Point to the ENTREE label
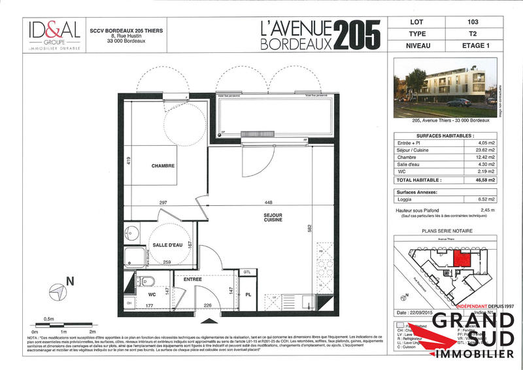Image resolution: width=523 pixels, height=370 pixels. click(192, 279)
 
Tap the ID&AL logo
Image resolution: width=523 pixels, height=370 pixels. click(54, 30)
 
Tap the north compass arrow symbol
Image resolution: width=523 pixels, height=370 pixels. click(59, 290)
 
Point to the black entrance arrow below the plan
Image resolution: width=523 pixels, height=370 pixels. click(209, 320)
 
